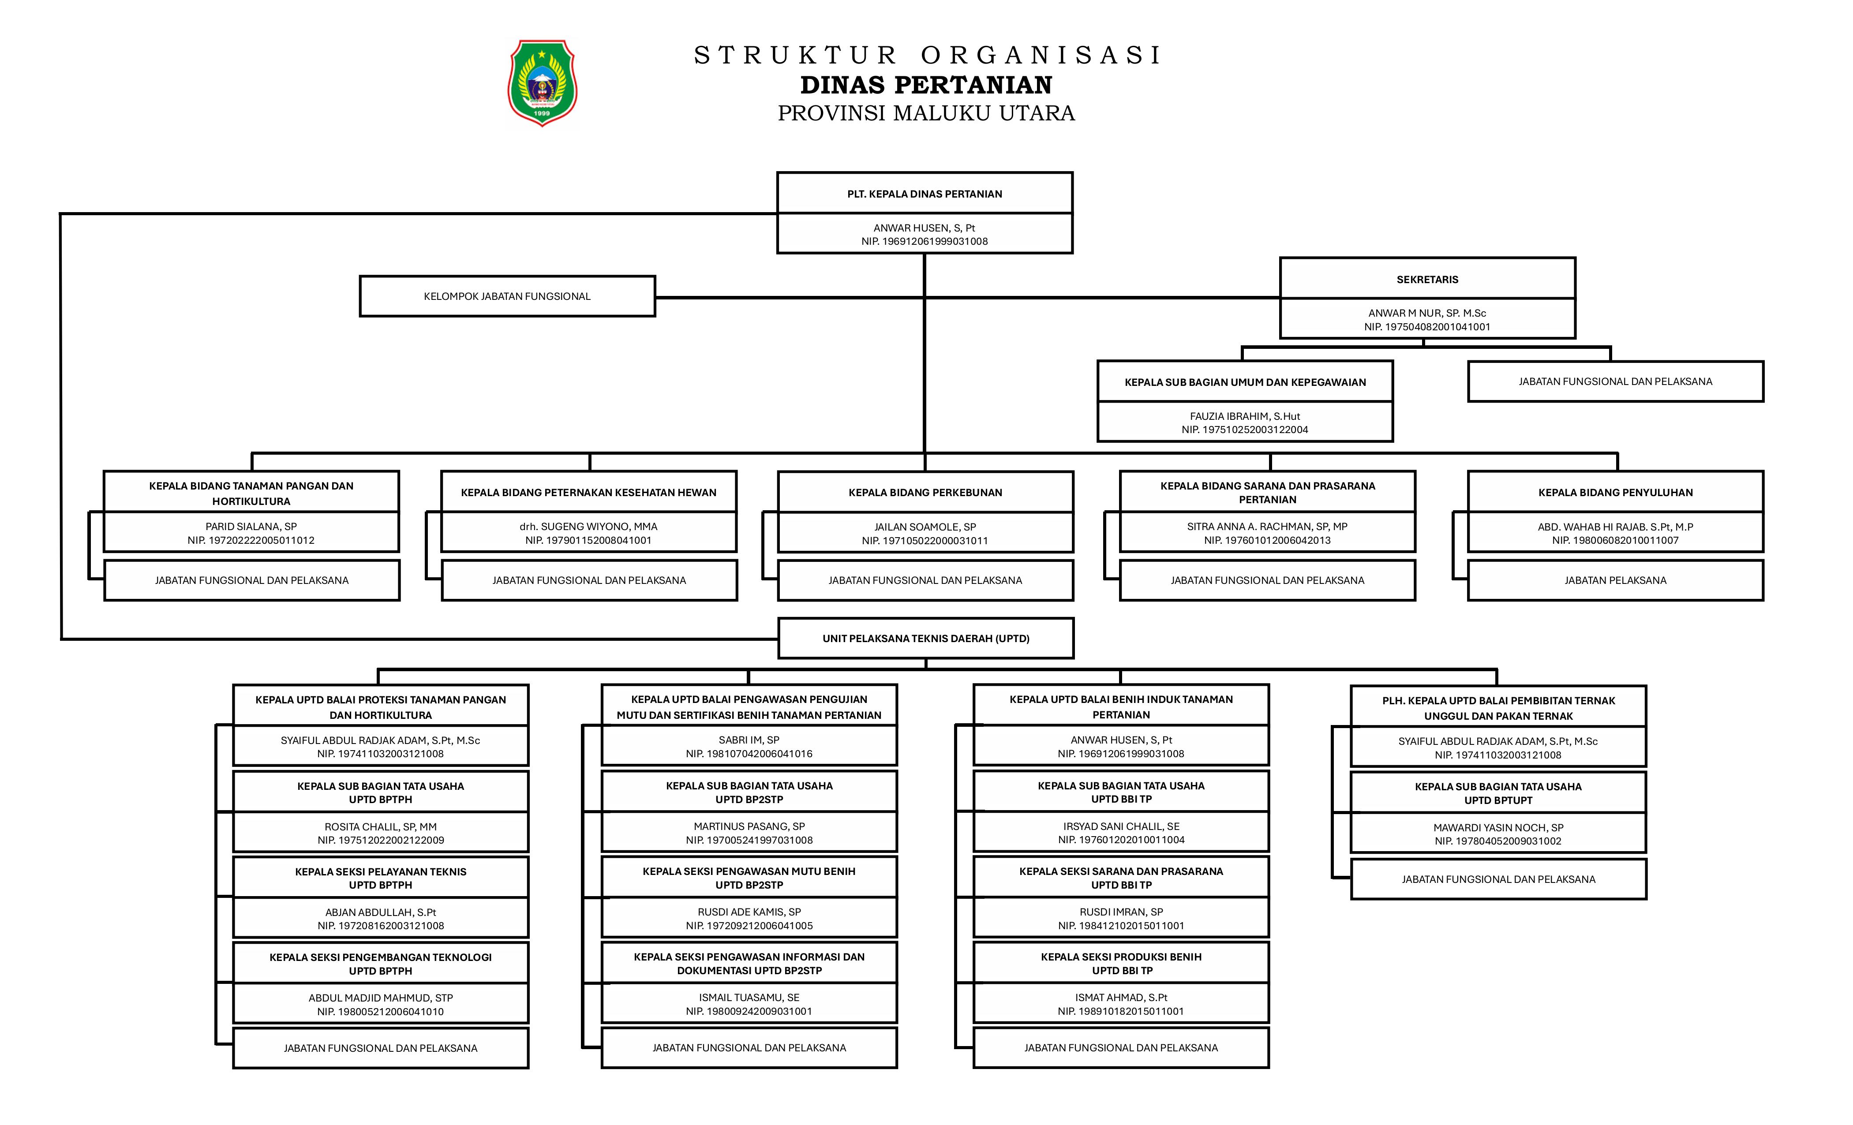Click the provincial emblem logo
tap(542, 83)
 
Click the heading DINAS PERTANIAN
tap(926, 85)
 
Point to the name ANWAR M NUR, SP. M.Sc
tap(1426, 313)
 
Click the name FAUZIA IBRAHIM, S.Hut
tap(1245, 416)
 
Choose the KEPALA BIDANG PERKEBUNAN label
tap(925, 493)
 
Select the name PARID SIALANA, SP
tap(251, 527)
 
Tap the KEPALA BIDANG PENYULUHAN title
tap(1615, 493)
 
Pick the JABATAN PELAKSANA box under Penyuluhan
tap(1615, 580)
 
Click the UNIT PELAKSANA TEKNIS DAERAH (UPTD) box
tap(926, 639)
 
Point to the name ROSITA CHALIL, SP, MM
tap(381, 826)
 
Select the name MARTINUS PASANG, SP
tap(749, 826)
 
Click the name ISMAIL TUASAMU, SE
tap(749, 997)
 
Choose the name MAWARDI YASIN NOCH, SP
tap(1498, 827)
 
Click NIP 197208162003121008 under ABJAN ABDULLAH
tap(381, 926)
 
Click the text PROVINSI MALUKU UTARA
tap(926, 113)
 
